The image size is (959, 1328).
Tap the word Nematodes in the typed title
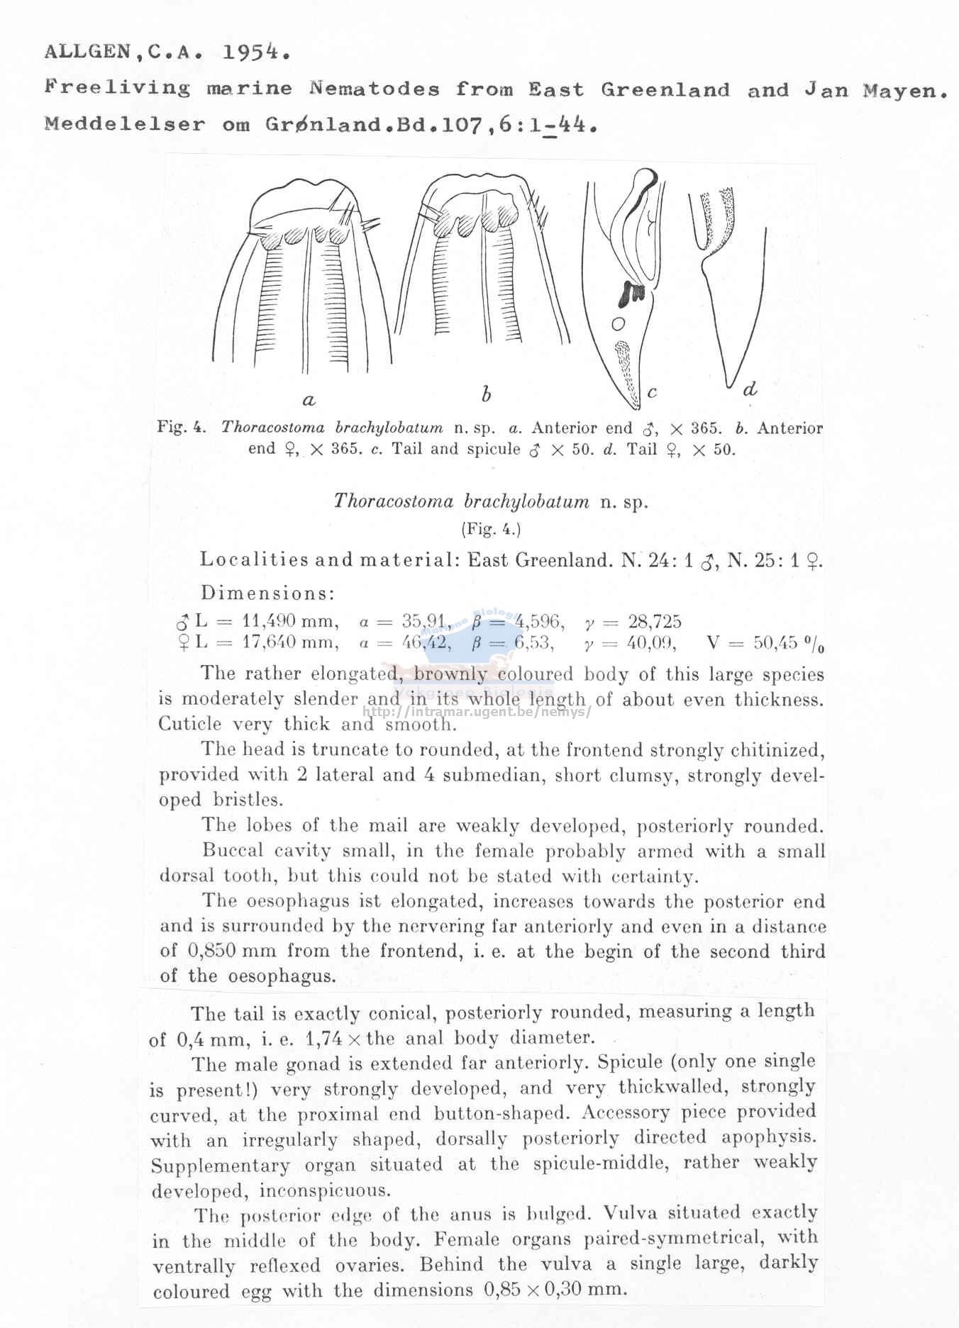374,89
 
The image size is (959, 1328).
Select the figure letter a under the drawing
309,401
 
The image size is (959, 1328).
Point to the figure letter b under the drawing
486,394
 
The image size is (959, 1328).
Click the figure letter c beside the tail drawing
652,391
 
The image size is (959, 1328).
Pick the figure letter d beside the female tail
750,389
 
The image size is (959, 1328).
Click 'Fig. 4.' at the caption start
182,428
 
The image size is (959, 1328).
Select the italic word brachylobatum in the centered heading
526,502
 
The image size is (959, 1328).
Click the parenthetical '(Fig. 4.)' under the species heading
491,529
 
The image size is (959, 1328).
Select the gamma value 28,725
654,623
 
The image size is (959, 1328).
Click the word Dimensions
267,593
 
